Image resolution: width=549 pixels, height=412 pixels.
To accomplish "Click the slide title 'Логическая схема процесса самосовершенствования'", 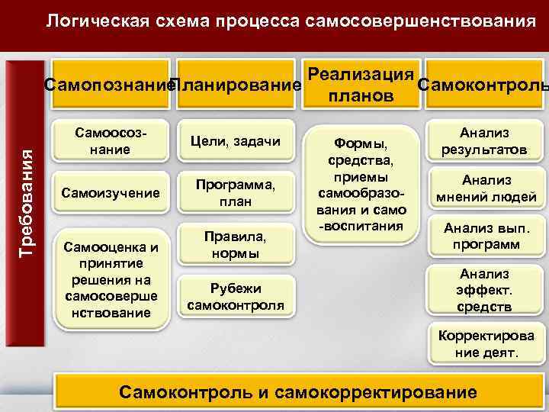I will [x=291, y=21].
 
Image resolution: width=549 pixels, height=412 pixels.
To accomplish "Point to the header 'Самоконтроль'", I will [x=482, y=84].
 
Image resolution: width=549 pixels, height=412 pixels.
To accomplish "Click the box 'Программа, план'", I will [x=235, y=193].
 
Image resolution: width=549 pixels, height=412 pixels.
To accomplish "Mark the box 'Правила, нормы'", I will [x=235, y=245].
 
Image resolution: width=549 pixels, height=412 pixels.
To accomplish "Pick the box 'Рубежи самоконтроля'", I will [x=235, y=297].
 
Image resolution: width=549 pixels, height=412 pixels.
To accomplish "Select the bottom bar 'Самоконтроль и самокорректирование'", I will [x=298, y=392].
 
